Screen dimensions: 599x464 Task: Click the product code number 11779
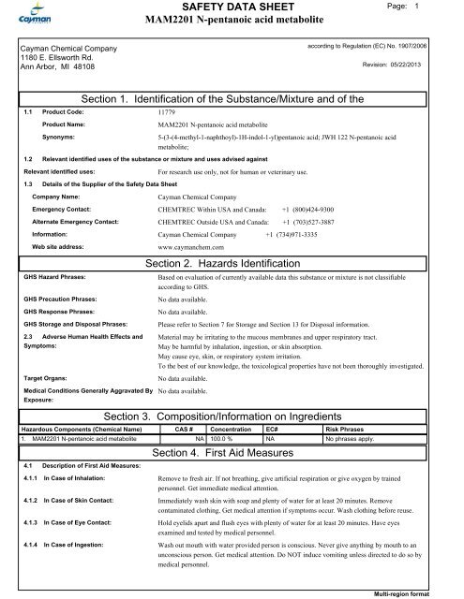point(170,110)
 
